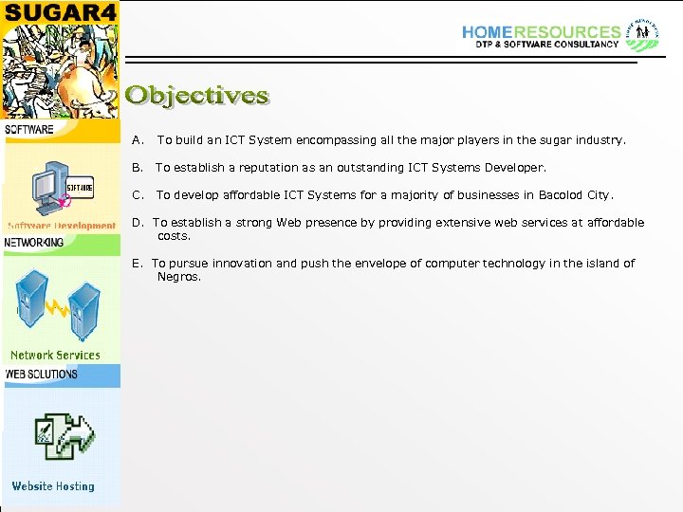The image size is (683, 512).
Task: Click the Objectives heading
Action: (197, 96)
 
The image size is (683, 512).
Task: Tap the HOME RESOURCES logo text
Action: (541, 31)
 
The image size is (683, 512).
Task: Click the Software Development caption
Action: (62, 226)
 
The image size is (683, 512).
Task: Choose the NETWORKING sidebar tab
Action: (34, 243)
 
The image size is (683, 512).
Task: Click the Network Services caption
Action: (55, 356)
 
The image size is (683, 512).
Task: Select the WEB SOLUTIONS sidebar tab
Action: (41, 375)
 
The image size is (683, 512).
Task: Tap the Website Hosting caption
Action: (53, 486)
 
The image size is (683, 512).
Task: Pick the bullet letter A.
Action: (137, 140)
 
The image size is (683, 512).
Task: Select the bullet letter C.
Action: (137, 195)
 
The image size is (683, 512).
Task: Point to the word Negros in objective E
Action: (177, 277)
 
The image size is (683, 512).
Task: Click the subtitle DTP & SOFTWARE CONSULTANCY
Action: (540, 45)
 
